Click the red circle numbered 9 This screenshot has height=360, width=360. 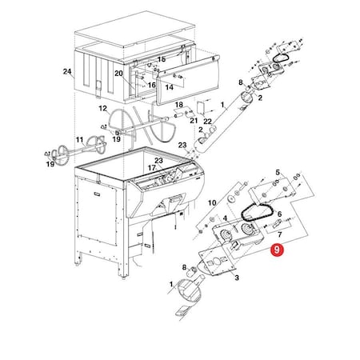pyautogui.click(x=276, y=250)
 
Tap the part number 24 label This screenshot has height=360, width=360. pyautogui.click(x=67, y=72)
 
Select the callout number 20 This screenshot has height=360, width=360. pyautogui.click(x=118, y=74)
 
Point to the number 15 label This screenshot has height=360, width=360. pyautogui.click(x=161, y=59)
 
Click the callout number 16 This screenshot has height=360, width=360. pyautogui.click(x=151, y=85)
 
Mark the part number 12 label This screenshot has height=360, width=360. pyautogui.click(x=102, y=108)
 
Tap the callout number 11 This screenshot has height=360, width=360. pyautogui.click(x=79, y=140)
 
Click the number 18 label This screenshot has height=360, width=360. pyautogui.click(x=180, y=105)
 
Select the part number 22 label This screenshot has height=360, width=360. pyautogui.click(x=208, y=121)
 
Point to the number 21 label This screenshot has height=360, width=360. pyautogui.click(x=194, y=120)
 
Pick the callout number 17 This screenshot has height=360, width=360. pyautogui.click(x=150, y=168)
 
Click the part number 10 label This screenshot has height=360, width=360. pyautogui.click(x=213, y=204)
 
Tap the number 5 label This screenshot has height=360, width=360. pyautogui.click(x=278, y=172)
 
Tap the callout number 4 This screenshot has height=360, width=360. pyautogui.click(x=226, y=218)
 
